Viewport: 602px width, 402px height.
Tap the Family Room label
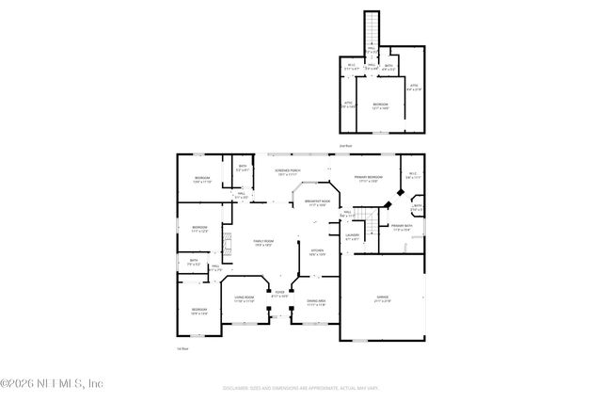point(262,243)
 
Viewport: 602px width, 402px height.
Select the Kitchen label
point(317,251)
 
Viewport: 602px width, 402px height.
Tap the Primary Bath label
point(401,227)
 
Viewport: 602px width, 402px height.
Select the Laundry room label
point(352,236)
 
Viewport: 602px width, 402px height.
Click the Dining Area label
point(316,302)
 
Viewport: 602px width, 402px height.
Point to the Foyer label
point(279,294)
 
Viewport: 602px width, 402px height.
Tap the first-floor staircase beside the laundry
point(373,225)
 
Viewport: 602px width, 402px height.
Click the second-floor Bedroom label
point(379,105)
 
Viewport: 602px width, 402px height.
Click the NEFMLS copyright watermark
point(52,383)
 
